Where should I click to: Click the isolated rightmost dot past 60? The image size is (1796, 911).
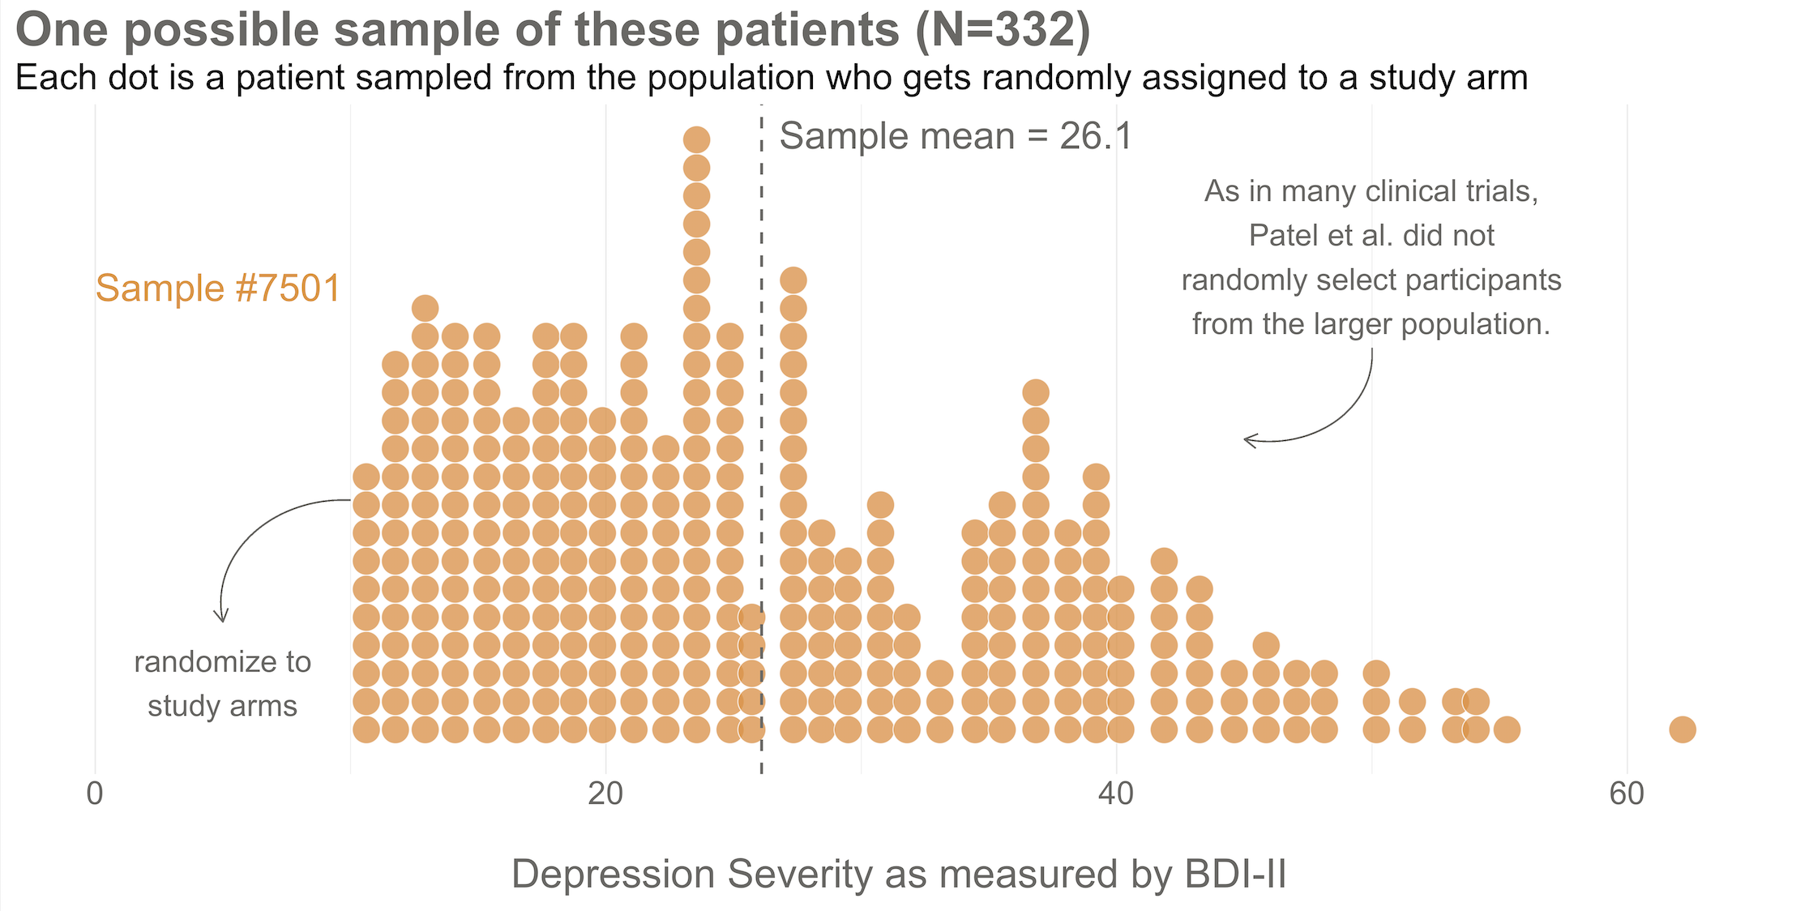(1682, 729)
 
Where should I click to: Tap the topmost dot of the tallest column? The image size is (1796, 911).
(696, 140)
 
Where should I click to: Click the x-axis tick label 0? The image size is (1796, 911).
(95, 794)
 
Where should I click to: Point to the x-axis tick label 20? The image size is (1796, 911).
(605, 794)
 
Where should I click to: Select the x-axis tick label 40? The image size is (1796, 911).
(1116, 794)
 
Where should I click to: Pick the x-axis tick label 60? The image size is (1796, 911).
(1627, 794)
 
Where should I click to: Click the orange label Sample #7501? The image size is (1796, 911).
(218, 289)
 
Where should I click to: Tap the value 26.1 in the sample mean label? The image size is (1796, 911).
(1095, 136)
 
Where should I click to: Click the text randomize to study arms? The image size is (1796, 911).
(222, 684)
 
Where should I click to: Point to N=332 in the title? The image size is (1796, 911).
(1003, 30)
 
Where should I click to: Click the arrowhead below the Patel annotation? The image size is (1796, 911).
(1248, 440)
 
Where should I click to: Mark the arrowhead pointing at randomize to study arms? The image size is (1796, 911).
(221, 618)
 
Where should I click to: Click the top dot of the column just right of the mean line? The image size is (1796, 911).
(793, 280)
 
